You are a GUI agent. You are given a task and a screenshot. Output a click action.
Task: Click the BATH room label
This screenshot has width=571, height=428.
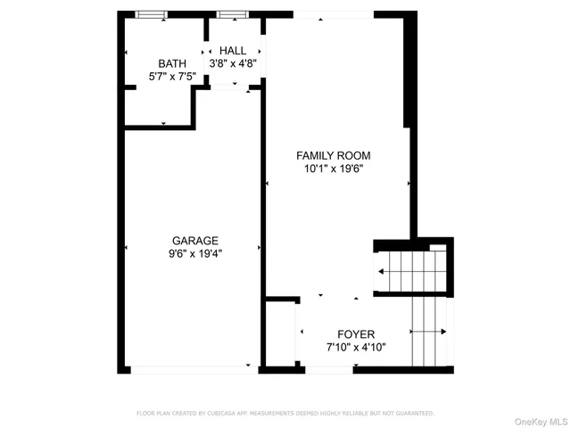(171, 63)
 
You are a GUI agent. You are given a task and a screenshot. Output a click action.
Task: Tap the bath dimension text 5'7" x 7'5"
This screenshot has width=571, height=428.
(171, 76)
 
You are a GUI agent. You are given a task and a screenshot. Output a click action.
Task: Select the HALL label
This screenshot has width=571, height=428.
(233, 51)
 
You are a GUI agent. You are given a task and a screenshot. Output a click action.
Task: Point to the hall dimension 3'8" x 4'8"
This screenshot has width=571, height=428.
(233, 63)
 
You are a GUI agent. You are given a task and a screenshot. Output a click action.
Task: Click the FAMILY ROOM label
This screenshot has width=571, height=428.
(334, 155)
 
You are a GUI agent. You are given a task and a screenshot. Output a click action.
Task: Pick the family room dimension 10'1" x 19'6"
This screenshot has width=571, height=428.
(334, 168)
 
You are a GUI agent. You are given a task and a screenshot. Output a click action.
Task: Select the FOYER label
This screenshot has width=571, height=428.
(356, 334)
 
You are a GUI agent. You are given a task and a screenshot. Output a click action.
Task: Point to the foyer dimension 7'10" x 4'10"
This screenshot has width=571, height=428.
(356, 347)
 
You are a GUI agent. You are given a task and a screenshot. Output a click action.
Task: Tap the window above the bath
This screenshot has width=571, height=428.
(150, 15)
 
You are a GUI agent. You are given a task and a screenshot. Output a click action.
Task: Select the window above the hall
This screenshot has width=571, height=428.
(232, 15)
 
